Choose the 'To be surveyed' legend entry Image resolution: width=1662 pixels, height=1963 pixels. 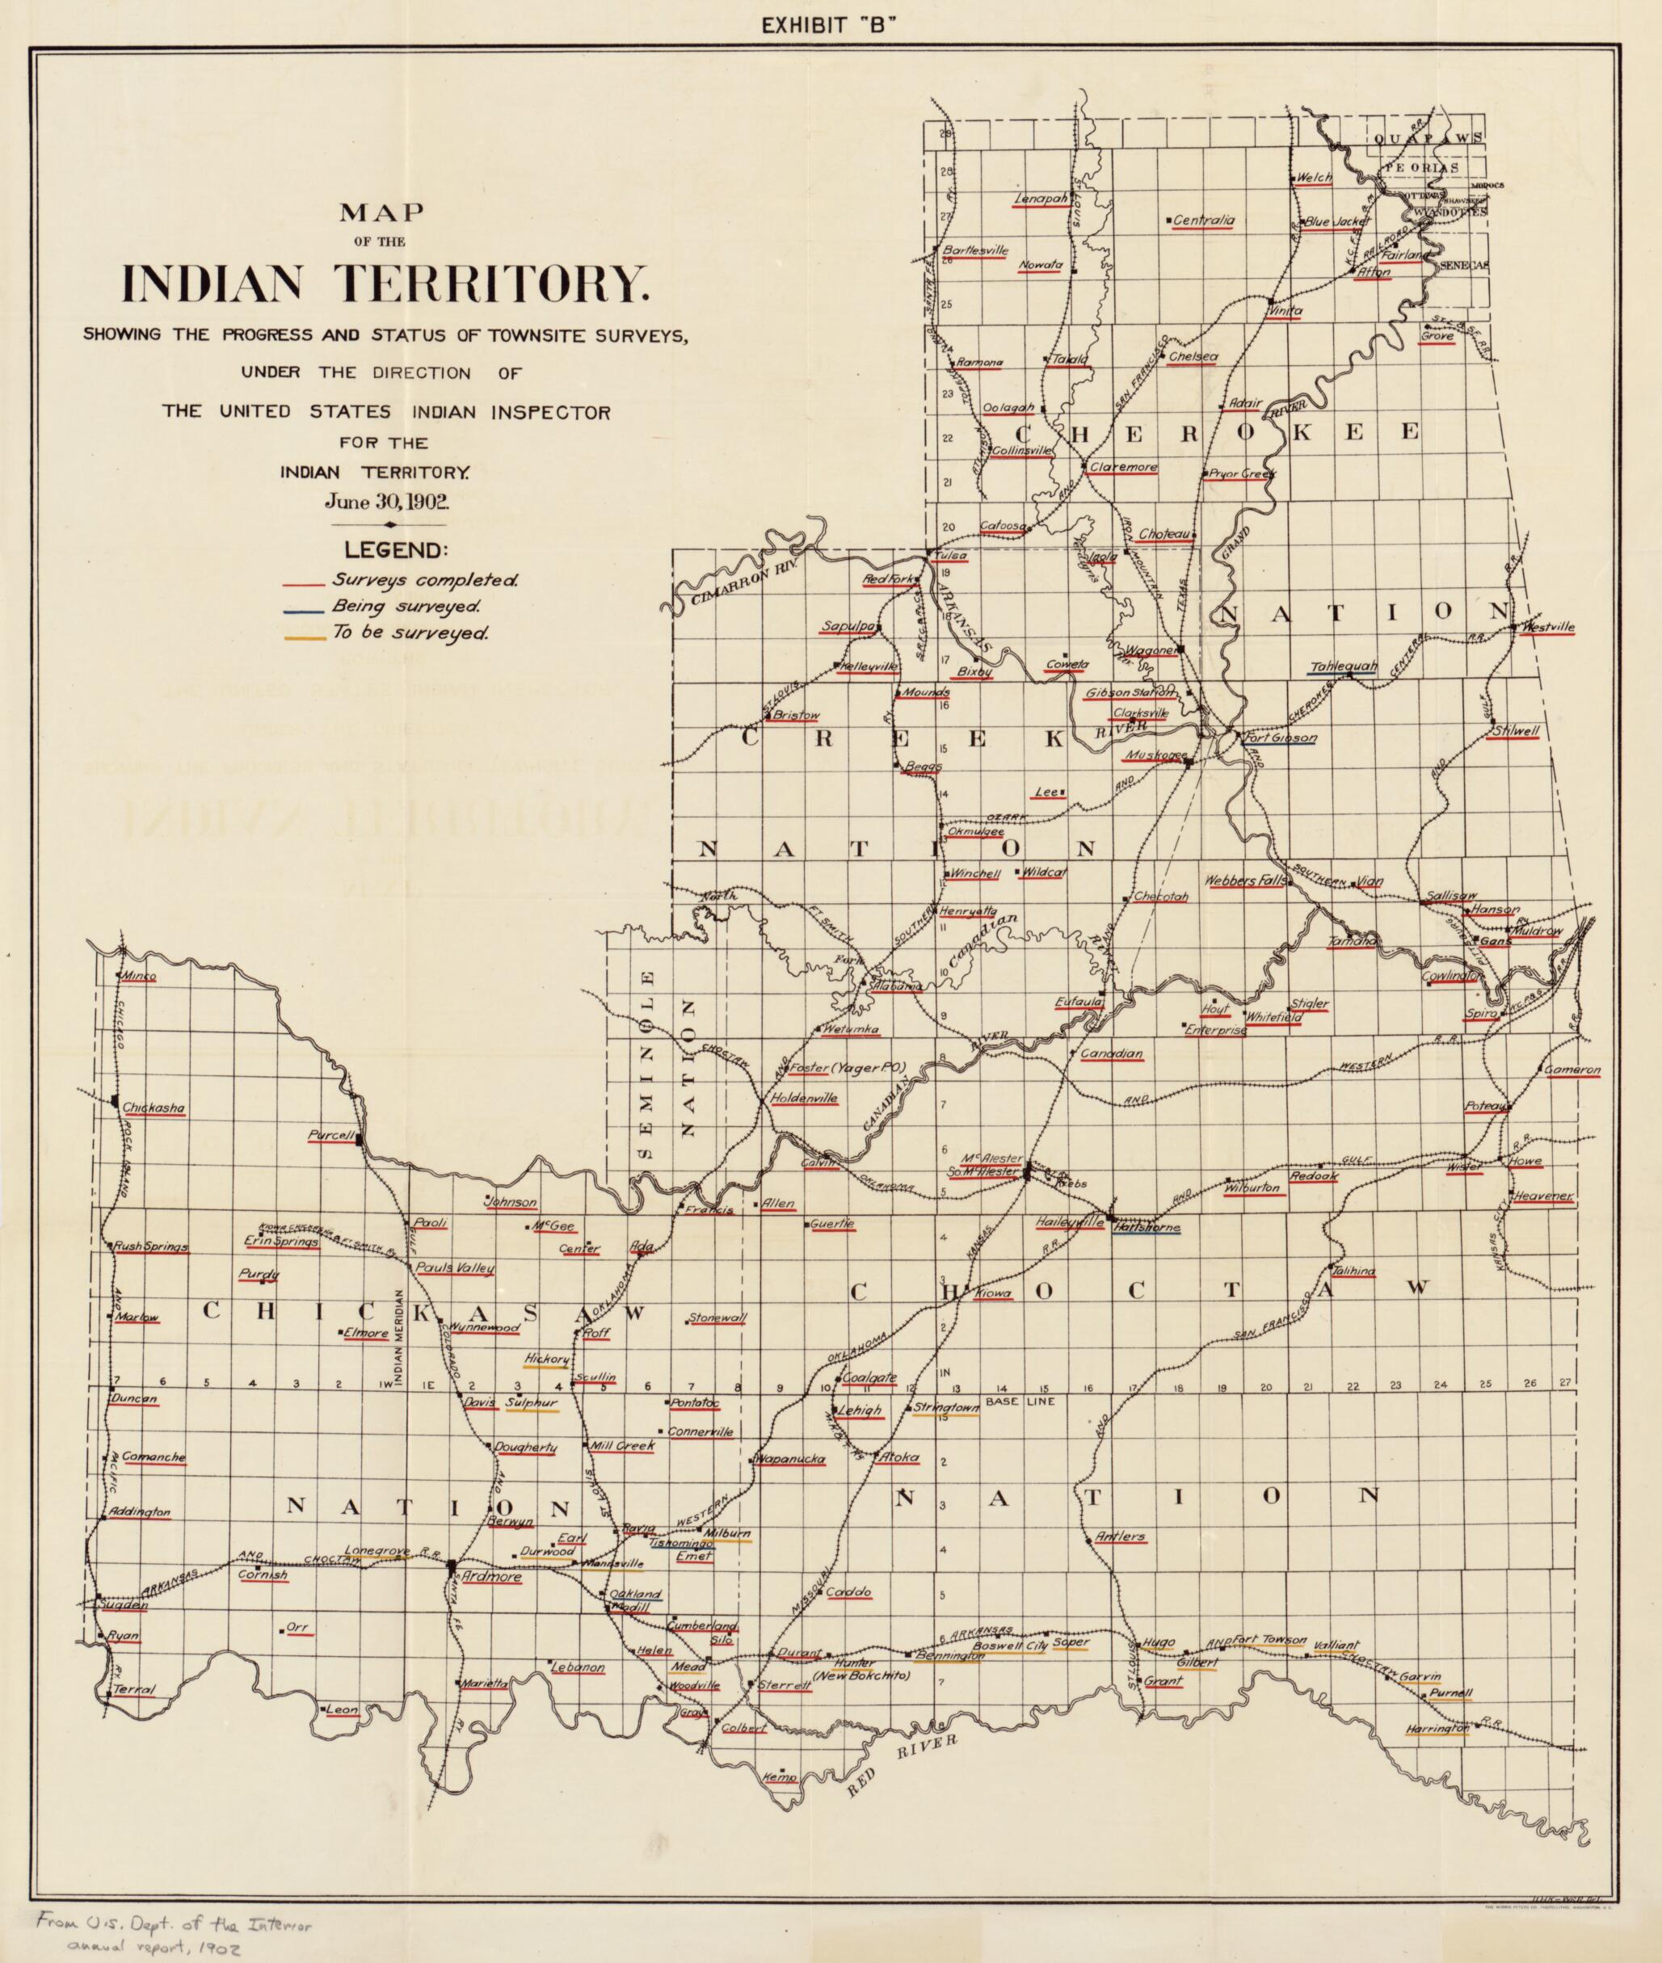(x=408, y=632)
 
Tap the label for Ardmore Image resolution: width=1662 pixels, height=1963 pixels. (x=490, y=1577)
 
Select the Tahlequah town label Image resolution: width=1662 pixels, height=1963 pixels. (x=1344, y=667)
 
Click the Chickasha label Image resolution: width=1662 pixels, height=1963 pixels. (x=154, y=1108)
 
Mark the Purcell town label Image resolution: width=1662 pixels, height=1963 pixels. (x=330, y=1136)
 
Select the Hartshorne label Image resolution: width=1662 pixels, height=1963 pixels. (x=1145, y=1228)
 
